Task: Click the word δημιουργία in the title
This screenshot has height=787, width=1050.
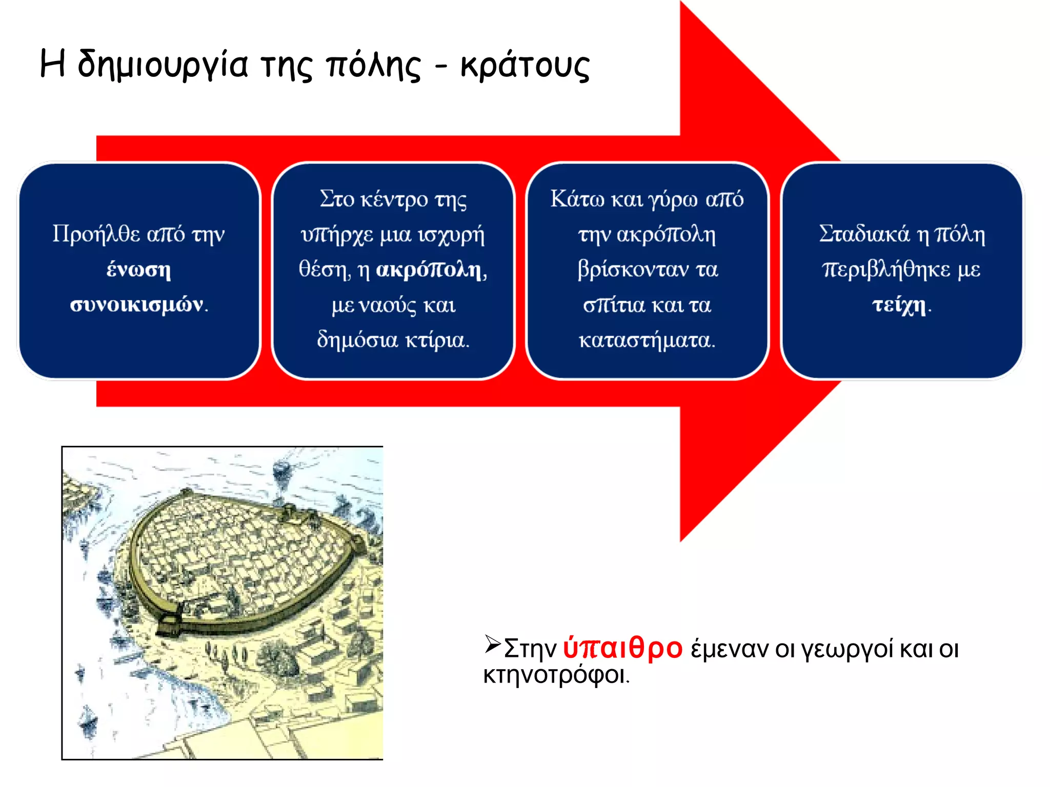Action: click(x=163, y=66)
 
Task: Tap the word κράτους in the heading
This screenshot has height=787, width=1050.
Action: click(x=525, y=66)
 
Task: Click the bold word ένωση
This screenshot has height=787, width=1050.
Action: click(x=138, y=269)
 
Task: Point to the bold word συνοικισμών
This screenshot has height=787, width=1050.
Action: click(x=136, y=304)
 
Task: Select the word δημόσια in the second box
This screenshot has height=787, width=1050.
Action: click(x=357, y=340)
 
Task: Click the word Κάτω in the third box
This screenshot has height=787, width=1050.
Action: click(x=571, y=199)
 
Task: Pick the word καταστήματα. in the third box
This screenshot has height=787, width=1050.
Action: click(x=647, y=340)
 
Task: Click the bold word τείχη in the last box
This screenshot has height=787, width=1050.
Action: click(x=899, y=304)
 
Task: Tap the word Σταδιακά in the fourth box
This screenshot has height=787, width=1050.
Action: click(x=864, y=234)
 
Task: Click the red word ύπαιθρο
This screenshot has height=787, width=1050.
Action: click(x=622, y=648)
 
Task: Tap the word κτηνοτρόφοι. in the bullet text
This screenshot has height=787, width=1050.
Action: click(x=556, y=675)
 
